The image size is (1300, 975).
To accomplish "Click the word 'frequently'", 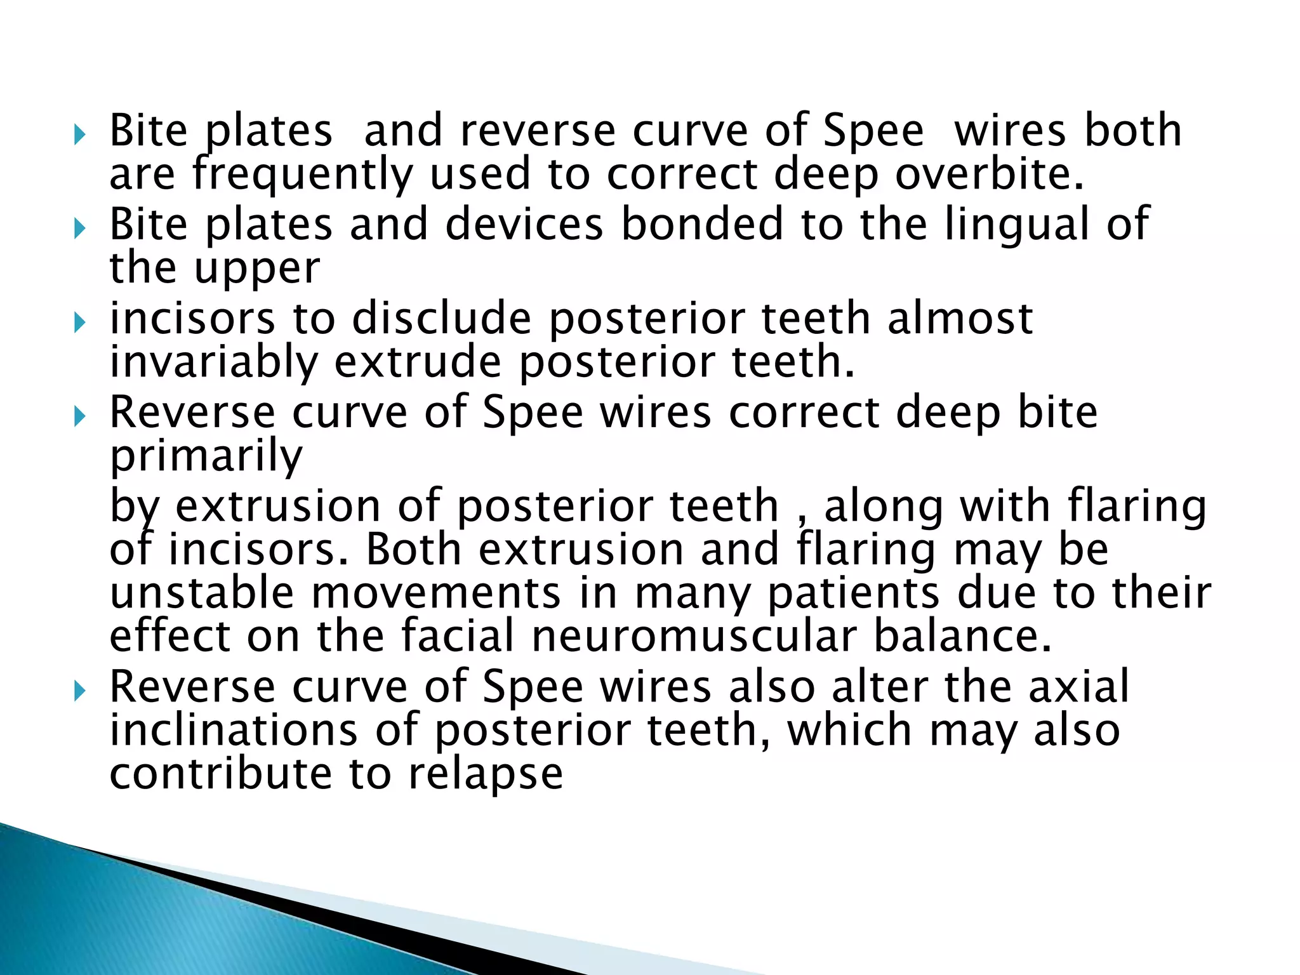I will point(302,175).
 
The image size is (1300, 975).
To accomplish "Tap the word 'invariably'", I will point(213,363).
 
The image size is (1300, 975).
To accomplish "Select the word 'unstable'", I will point(202,593).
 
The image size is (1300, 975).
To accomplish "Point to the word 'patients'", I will point(853,594).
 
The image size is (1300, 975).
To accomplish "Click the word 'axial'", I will point(1079,687).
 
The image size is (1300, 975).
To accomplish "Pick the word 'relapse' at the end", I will point(486,774).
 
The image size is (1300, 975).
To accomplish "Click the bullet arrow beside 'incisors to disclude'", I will point(79,324).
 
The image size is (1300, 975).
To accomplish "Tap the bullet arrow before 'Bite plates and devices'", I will point(79,229).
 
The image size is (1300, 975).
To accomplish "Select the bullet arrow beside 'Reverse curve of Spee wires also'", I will point(79,691).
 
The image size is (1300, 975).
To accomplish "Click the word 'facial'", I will point(457,636).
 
